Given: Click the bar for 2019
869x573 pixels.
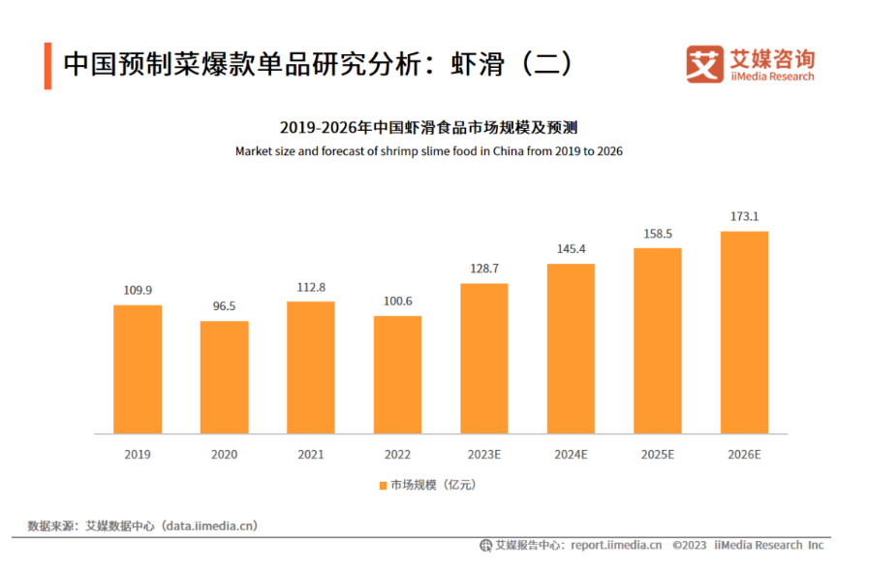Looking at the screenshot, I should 138,369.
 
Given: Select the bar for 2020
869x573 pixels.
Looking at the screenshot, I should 224,377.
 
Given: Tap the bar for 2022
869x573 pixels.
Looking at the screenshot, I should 397,374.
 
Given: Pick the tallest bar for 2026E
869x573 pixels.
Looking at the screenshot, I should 744,332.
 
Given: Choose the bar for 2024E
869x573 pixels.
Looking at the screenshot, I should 571,348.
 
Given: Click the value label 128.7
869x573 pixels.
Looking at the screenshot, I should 484,268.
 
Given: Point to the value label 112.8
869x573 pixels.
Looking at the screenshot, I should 311,286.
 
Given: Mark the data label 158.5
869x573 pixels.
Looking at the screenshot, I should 658,234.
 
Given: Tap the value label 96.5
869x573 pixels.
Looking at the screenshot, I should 224,306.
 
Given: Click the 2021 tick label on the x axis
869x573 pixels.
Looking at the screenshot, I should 311,454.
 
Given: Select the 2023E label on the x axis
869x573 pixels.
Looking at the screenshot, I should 484,454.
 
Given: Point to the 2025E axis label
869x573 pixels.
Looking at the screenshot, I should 658,454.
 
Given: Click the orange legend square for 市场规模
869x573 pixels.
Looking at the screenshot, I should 383,485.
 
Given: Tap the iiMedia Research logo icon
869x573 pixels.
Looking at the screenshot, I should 705,63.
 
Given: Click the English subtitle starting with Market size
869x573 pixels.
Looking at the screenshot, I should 428,151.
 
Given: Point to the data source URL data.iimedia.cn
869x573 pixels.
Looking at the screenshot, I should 210,525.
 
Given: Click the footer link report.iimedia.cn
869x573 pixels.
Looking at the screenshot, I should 616,545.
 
